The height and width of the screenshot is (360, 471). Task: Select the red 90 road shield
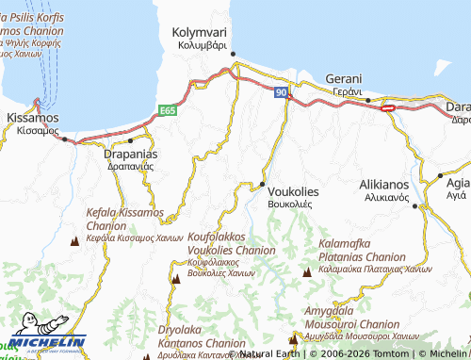(282, 91)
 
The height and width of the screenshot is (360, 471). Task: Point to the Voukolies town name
(293, 191)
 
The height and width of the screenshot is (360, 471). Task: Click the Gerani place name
(343, 78)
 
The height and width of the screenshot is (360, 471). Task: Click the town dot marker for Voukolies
(262, 183)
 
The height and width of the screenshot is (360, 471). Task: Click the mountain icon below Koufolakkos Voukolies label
(176, 278)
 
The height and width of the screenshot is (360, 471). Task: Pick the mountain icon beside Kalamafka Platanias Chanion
(306, 272)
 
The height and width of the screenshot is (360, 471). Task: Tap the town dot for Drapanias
(130, 140)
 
